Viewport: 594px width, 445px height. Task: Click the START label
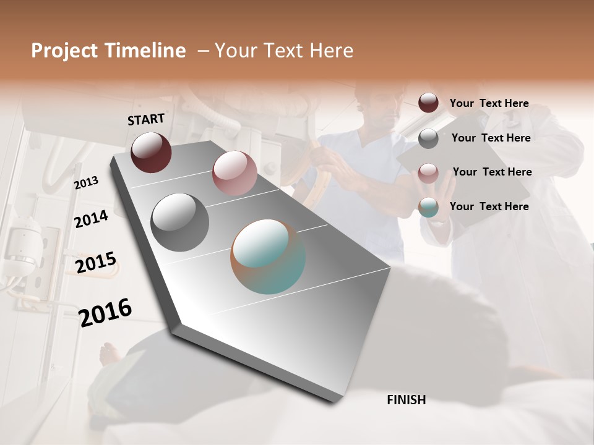146,119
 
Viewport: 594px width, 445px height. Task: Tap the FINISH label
406,400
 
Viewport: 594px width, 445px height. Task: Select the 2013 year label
86,183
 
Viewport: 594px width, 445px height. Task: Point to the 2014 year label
91,219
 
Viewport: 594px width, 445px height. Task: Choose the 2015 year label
95,263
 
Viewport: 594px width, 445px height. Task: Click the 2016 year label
105,312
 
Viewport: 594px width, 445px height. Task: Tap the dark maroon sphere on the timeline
151,152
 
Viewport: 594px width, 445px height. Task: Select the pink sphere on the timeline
234,172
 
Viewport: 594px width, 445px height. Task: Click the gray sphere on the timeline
179,222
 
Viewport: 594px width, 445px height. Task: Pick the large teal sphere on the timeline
268,256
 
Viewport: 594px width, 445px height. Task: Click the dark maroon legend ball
428,103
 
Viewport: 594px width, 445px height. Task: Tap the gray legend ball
428,138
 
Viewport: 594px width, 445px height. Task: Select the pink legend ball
428,172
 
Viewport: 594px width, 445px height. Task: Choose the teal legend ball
428,207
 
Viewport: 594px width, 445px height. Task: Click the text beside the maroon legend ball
489,104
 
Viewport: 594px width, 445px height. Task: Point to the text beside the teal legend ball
489,206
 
